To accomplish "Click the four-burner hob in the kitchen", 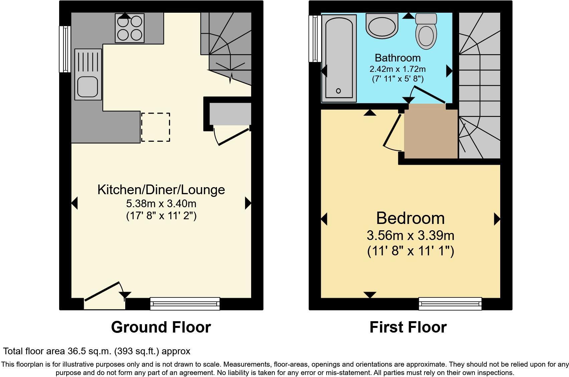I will coord(130,28).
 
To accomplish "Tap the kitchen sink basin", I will coord(87,86).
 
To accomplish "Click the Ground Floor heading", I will coord(161,327).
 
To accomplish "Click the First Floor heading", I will coord(408,327).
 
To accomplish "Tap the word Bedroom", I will coord(410,218).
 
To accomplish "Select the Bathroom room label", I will coord(397,58).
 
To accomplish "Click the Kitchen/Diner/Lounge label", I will coord(161,190).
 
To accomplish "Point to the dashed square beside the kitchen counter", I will coord(156,127).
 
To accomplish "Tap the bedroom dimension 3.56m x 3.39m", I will coord(410,236).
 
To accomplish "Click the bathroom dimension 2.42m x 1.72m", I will coord(397,69).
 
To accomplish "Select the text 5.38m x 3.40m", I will coord(161,203).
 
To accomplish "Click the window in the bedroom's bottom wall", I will coord(450,303).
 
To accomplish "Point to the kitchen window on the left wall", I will coord(65,49).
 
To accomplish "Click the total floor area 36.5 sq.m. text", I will coord(97,351).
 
